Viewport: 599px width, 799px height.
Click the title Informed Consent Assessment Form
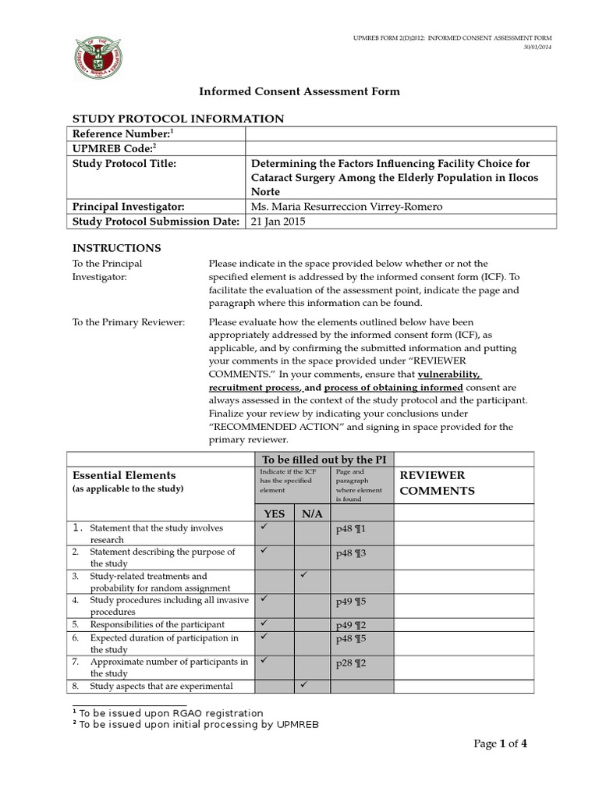tap(299, 91)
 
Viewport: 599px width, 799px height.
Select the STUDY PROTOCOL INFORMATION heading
tap(178, 119)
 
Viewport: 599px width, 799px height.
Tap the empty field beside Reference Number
tap(401, 134)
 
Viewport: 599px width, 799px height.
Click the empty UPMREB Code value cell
tap(401, 148)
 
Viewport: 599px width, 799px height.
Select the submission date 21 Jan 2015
tap(278, 222)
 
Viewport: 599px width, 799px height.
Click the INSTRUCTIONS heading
tap(116, 248)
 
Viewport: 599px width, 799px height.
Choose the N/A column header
tap(311, 513)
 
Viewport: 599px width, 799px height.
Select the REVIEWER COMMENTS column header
tap(436, 482)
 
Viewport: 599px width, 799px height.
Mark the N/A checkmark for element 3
tap(303, 575)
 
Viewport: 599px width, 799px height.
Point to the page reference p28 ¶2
tap(350, 663)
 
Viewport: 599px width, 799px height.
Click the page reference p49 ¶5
tap(350, 602)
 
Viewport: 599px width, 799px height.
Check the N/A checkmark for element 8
tap(303, 684)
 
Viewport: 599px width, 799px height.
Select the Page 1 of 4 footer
tap(502, 744)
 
